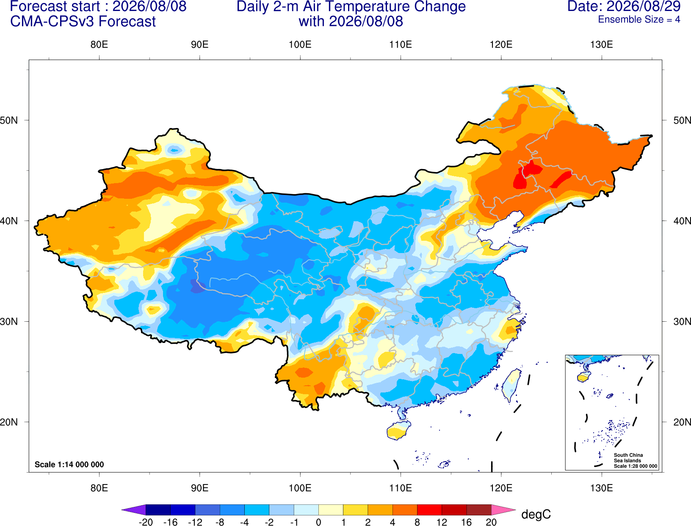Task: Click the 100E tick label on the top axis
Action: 300,45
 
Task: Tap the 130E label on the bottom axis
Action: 601,488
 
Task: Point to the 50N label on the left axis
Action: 9,120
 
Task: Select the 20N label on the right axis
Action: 682,422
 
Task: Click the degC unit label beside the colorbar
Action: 536,514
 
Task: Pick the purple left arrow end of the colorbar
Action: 133,509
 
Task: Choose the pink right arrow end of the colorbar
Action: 504,509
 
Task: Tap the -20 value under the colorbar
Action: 146,522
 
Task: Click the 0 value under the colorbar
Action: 318,522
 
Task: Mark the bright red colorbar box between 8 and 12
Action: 429,509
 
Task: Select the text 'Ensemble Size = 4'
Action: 639,19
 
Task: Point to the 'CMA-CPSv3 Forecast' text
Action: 83,22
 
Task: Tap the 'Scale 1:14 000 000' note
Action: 69,464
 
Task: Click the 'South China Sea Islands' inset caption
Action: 628,458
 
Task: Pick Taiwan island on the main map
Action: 511,385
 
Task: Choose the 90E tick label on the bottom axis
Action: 199,488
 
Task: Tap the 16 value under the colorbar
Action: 467,522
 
